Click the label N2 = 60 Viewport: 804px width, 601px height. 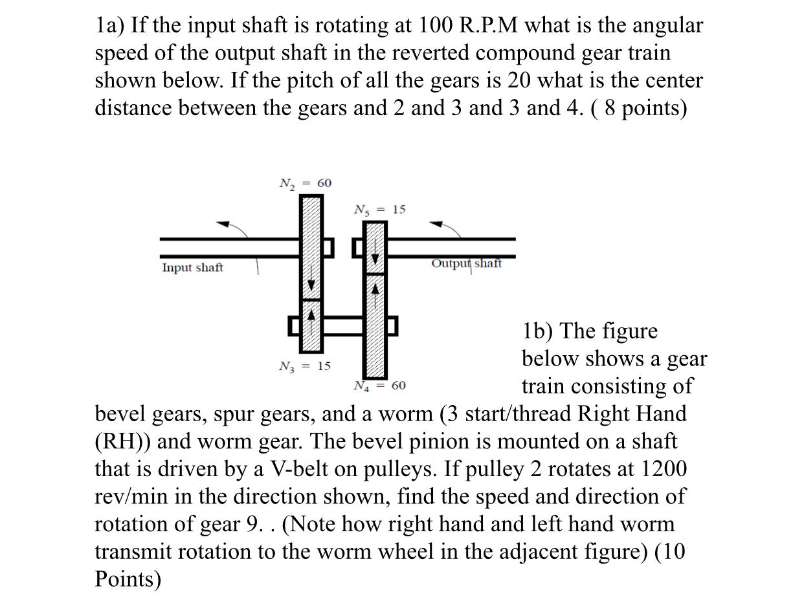(x=305, y=184)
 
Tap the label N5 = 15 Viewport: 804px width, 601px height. (x=379, y=210)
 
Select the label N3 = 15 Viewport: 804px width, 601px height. (x=304, y=367)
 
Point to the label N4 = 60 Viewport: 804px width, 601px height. (x=379, y=386)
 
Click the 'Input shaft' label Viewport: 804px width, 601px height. (x=192, y=268)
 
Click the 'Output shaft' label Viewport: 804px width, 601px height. (x=466, y=263)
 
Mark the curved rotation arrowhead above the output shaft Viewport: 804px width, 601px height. (x=438, y=224)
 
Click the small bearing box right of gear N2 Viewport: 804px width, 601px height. (x=328, y=247)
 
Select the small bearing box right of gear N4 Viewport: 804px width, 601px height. (x=392, y=326)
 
